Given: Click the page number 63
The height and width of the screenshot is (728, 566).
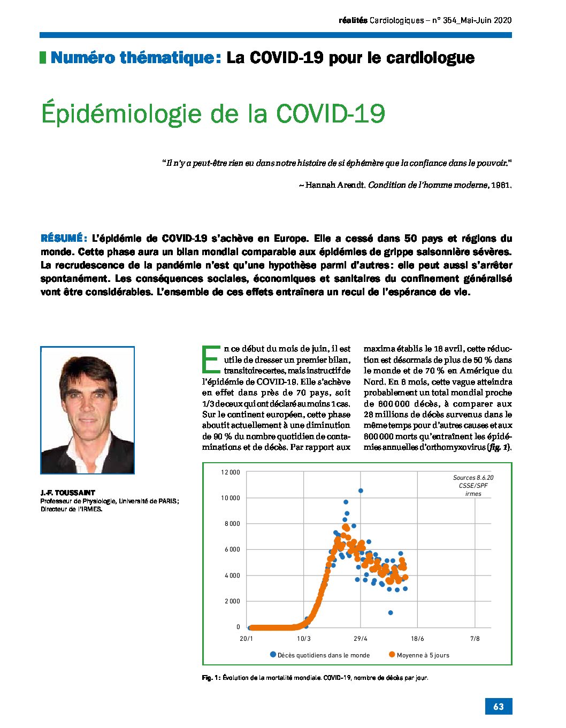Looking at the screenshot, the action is pyautogui.click(x=499, y=706).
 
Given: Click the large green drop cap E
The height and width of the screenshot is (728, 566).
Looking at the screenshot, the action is pyautogui.click(x=211, y=359).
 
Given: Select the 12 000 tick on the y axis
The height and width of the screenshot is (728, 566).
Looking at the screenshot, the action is pyautogui.click(x=231, y=472).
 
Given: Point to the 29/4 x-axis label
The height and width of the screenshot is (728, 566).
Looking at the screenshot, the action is pyautogui.click(x=361, y=639).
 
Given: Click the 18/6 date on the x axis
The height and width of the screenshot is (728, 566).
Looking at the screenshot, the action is pyautogui.click(x=417, y=639).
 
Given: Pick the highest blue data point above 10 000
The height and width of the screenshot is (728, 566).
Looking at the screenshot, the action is pyautogui.click(x=361, y=491).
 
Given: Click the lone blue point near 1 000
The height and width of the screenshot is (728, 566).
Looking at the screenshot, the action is pyautogui.click(x=391, y=613).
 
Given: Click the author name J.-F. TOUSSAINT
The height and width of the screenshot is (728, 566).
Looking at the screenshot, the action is pyautogui.click(x=68, y=493).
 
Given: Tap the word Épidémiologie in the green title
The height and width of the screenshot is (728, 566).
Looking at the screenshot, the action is pyautogui.click(x=121, y=114).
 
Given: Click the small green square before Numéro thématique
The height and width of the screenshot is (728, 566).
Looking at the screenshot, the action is pyautogui.click(x=43, y=57).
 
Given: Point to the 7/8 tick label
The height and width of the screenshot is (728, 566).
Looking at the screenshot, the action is pyautogui.click(x=475, y=639).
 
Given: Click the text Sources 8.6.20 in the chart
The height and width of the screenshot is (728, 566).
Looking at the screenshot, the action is pyautogui.click(x=473, y=478).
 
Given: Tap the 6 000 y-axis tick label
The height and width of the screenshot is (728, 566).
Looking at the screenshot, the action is pyautogui.click(x=232, y=549).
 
